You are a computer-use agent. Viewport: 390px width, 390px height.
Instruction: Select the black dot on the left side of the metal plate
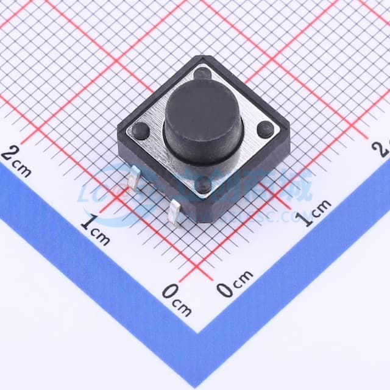coord(140,129)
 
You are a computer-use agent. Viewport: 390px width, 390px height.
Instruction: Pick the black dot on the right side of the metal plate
coord(265,129)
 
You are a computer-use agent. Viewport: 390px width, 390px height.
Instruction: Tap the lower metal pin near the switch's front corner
coord(175,216)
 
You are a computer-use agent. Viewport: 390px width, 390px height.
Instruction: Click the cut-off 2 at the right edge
coord(385,147)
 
